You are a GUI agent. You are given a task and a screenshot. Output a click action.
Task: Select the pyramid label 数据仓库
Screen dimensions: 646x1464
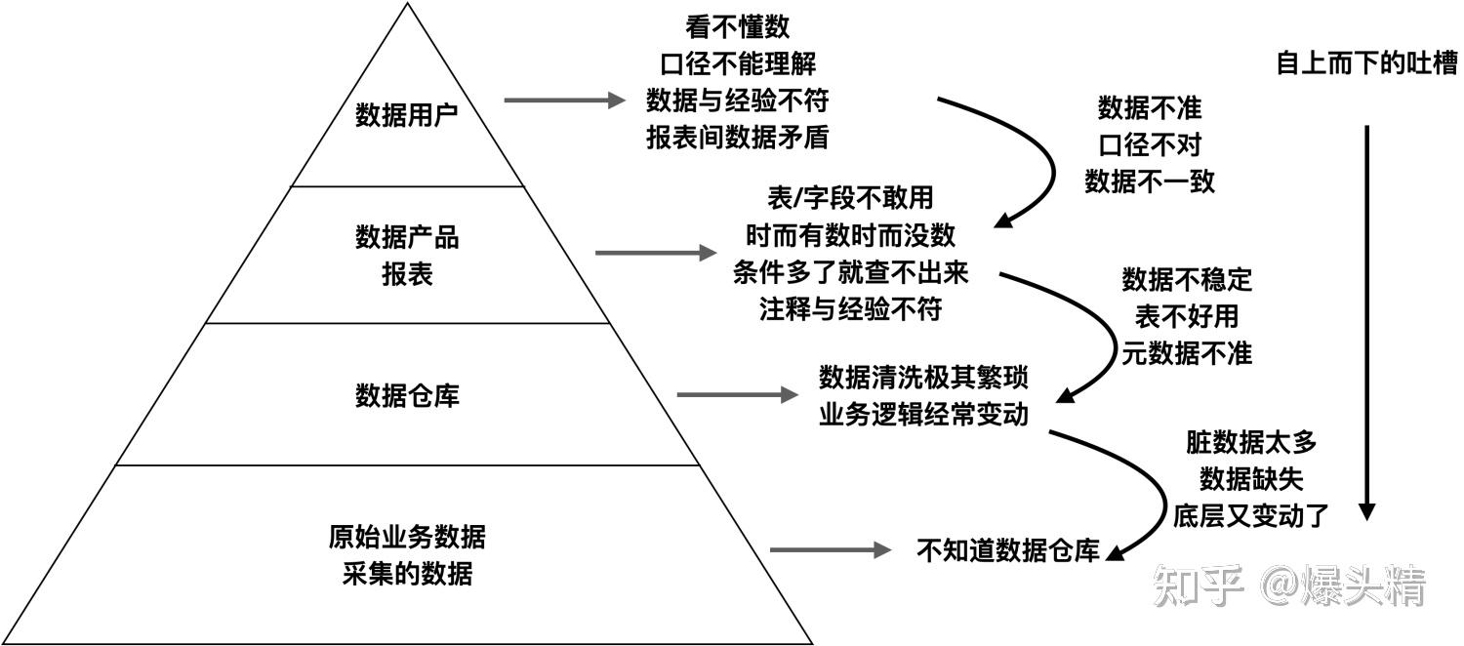(406, 396)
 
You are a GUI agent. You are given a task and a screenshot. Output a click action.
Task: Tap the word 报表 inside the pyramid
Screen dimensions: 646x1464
(406, 274)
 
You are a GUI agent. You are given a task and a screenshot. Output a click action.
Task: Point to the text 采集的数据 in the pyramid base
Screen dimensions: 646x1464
(406, 574)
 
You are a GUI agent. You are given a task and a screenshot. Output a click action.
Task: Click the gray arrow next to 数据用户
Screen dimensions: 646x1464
(563, 100)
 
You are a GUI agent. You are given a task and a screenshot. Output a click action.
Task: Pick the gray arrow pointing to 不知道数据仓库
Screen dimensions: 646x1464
(829, 550)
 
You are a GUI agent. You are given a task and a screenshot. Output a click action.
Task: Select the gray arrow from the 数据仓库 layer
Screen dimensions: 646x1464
(736, 394)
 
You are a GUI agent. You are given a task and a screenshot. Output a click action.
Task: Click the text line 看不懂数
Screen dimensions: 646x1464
(737, 28)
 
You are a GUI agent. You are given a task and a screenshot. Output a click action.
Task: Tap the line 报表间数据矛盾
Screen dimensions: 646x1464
(737, 138)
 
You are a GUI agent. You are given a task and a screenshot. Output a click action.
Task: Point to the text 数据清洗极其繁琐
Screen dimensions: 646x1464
(923, 377)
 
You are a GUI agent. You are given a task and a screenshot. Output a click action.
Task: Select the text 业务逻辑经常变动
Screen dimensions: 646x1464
(923, 414)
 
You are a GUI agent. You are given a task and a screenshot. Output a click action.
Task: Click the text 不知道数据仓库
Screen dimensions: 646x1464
(1008, 550)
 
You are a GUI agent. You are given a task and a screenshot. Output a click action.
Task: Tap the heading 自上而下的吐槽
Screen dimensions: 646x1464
(1366, 63)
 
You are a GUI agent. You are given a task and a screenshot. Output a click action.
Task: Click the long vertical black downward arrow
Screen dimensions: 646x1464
(1366, 322)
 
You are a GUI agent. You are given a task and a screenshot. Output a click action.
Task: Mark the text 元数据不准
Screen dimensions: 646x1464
(1187, 353)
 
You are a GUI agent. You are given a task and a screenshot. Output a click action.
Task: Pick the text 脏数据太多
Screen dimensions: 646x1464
(1251, 442)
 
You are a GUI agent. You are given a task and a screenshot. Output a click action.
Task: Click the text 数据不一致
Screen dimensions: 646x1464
(1150, 182)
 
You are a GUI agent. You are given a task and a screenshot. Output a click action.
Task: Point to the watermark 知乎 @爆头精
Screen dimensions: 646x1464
(1288, 586)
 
